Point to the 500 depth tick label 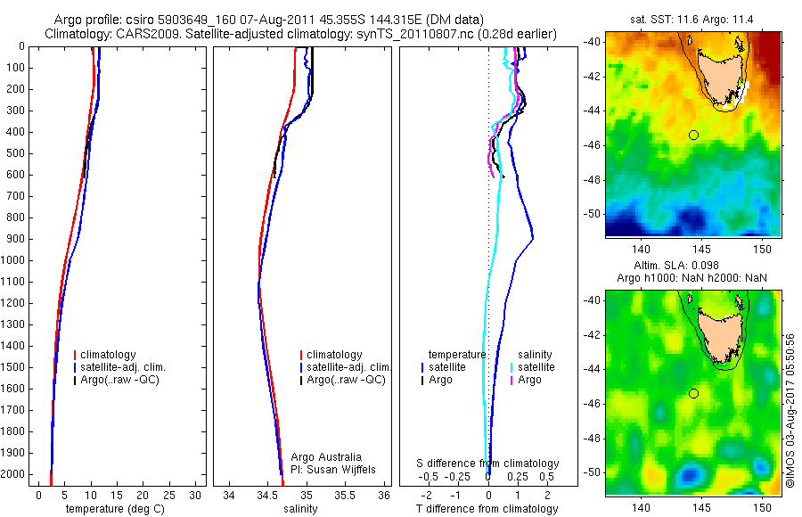click(16, 153)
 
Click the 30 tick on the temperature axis click(196, 495)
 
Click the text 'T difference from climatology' click(487, 509)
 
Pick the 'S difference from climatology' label click(487, 464)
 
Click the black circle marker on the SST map click(693, 135)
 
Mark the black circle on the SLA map click(693, 393)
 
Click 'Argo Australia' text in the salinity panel click(326, 456)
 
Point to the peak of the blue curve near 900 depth click(533, 238)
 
